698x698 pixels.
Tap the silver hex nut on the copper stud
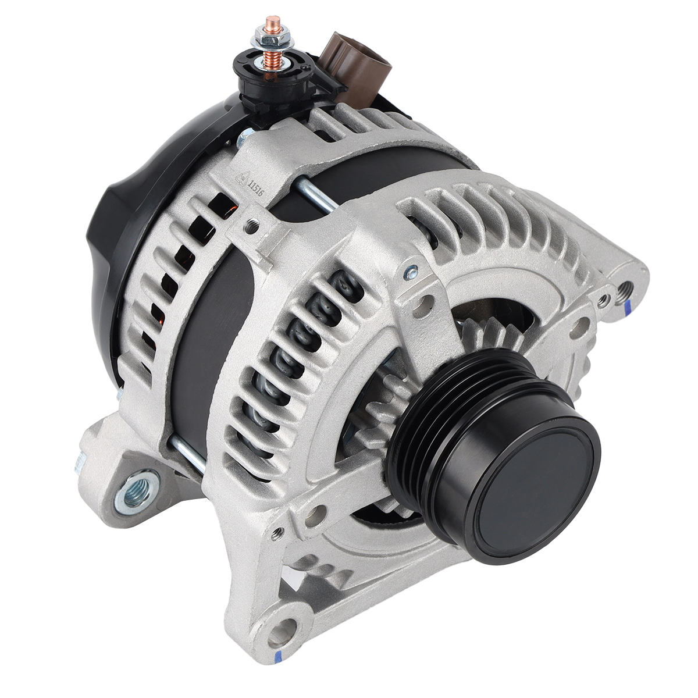click(268, 35)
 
